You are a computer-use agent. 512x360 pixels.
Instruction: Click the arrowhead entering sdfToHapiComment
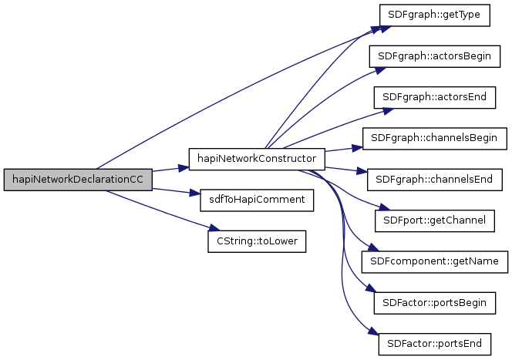point(195,197)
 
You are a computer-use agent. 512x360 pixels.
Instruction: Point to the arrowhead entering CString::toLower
point(204,229)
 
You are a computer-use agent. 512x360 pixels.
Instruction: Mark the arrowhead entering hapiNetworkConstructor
point(185,165)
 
